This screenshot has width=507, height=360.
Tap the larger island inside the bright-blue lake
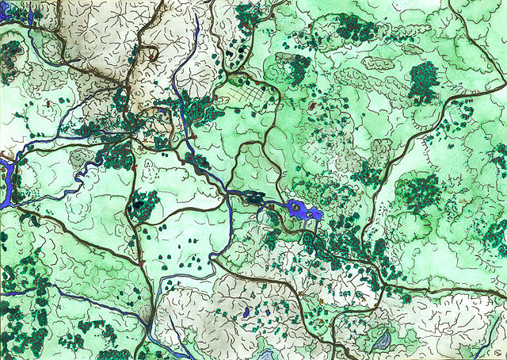(x=296, y=209)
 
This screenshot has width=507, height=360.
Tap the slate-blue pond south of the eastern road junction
(x=383, y=341)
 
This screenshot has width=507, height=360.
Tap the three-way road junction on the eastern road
(x=383, y=281)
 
